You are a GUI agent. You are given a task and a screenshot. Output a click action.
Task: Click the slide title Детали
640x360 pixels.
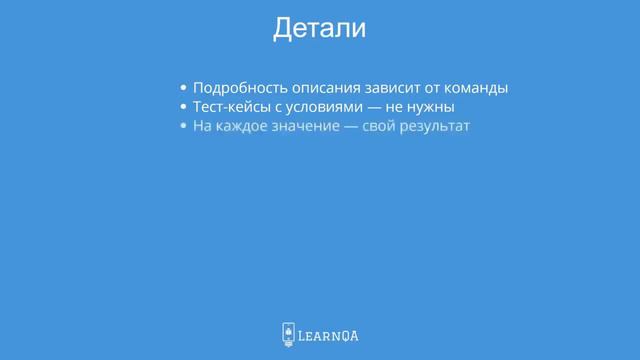(x=320, y=29)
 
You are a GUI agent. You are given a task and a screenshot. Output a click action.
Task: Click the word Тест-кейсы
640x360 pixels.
(x=231, y=107)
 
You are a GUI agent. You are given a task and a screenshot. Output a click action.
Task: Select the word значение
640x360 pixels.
(x=303, y=127)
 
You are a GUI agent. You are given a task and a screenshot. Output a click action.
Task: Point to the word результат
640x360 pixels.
(x=431, y=127)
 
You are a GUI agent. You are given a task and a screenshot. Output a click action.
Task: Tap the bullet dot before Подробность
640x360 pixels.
(x=183, y=88)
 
